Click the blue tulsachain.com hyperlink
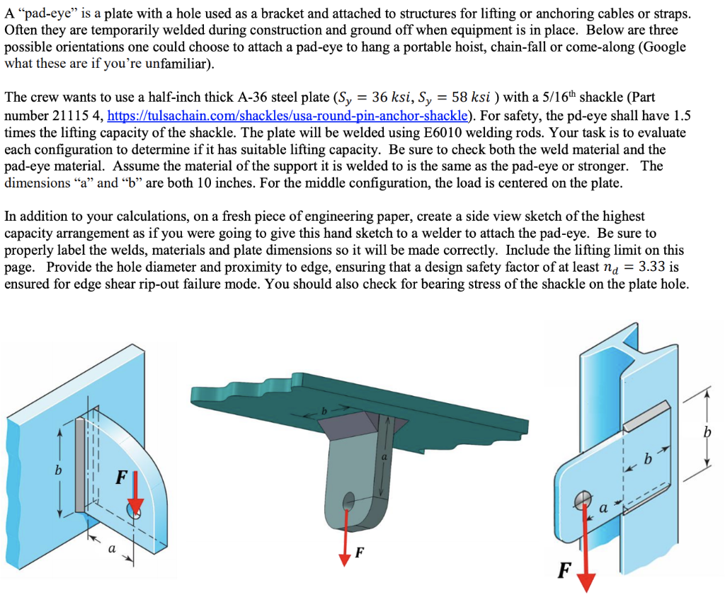(x=287, y=115)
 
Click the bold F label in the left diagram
(x=122, y=477)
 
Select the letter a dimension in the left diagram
(x=111, y=549)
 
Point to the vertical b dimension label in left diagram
(x=58, y=470)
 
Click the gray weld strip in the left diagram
(x=79, y=464)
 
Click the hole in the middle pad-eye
(x=349, y=500)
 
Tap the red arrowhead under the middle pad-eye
(x=345, y=559)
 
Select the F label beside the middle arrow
(x=359, y=552)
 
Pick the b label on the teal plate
(x=324, y=411)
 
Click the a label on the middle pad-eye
(x=383, y=457)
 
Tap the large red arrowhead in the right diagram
(x=586, y=582)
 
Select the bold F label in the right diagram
(x=564, y=570)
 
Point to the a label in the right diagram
(x=603, y=508)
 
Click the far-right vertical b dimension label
(x=707, y=432)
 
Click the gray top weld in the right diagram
(x=646, y=416)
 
